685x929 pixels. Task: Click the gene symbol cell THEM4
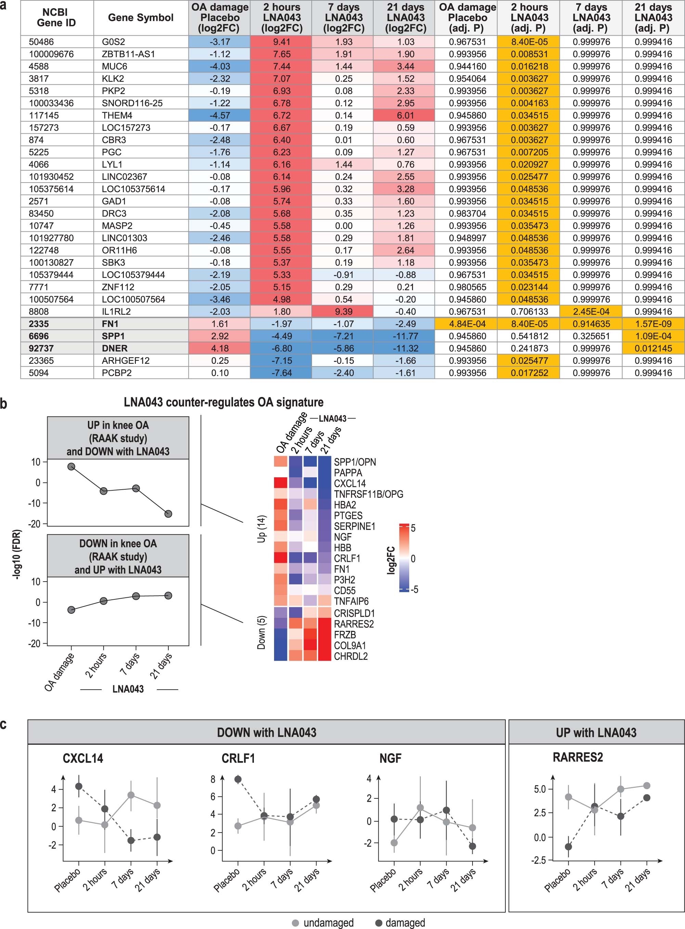coord(114,116)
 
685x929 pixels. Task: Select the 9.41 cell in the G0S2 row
coord(282,42)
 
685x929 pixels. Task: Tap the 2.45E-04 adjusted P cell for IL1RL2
coord(591,311)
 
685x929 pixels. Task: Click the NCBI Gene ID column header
coord(56,18)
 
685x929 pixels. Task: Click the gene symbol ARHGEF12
coord(126,360)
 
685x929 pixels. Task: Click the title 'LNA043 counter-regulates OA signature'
coord(223,402)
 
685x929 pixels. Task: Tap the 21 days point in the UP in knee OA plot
coord(168,514)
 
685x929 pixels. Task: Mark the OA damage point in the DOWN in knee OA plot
coord(71,610)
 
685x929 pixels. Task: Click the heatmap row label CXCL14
coord(350,483)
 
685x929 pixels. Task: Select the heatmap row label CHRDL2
coord(350,656)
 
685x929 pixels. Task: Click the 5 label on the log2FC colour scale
coord(413,528)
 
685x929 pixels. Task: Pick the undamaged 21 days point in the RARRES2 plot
coord(646,786)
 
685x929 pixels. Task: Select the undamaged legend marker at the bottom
coord(296,923)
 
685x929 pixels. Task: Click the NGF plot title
coord(390,758)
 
